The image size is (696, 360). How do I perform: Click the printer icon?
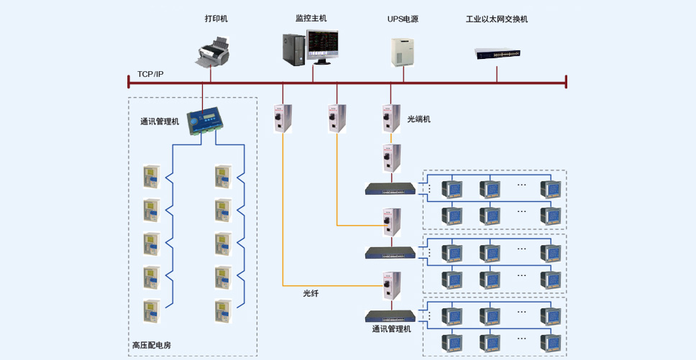(x=213, y=53)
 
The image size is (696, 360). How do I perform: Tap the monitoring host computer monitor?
(x=322, y=47)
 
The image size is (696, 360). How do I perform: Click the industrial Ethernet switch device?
(x=497, y=54)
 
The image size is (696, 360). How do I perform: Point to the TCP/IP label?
(x=150, y=74)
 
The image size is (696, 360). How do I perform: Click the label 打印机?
(x=216, y=19)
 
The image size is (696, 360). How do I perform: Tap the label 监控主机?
(x=311, y=19)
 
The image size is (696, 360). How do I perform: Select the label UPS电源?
(x=403, y=19)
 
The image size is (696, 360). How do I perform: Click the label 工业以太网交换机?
(x=497, y=19)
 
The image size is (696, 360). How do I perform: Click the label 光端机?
(x=418, y=119)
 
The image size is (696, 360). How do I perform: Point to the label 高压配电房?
(x=152, y=345)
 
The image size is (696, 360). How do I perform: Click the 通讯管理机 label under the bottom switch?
(x=391, y=329)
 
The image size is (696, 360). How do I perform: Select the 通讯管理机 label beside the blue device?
(x=160, y=121)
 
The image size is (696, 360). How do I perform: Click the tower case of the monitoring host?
(x=294, y=50)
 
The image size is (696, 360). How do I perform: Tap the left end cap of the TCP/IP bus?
(x=129, y=82)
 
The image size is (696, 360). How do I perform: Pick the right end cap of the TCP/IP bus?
(x=566, y=82)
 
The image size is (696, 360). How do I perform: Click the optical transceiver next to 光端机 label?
(x=391, y=119)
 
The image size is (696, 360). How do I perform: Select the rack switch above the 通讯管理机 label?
(x=390, y=316)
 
